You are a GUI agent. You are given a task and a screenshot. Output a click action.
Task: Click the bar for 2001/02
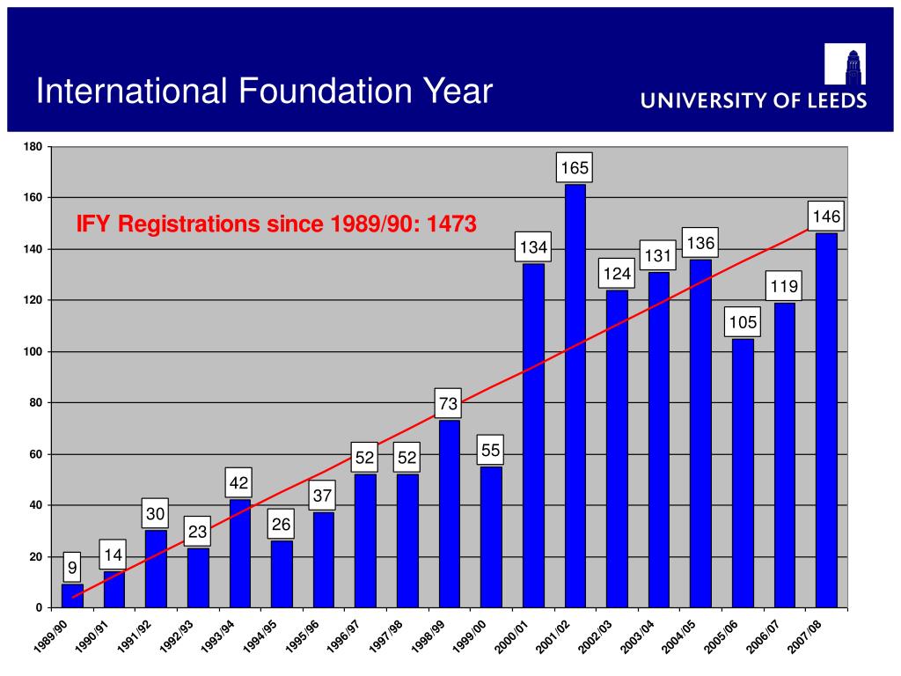pyautogui.click(x=575, y=396)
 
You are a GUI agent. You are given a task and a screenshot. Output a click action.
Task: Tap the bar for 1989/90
pyautogui.click(x=72, y=596)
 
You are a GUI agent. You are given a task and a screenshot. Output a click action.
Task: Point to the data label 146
pyautogui.click(x=826, y=217)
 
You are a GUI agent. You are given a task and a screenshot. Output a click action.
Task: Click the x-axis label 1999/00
pyautogui.click(x=469, y=636)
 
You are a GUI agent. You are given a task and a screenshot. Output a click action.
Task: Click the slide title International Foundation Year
pyautogui.click(x=264, y=91)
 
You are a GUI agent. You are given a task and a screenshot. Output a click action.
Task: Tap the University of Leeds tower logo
pyautogui.click(x=845, y=64)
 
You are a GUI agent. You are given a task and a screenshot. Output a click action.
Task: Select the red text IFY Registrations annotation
pyautogui.click(x=276, y=224)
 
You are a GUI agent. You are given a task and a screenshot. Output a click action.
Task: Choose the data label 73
pyautogui.click(x=448, y=404)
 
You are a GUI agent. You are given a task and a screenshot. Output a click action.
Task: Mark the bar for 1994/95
pyautogui.click(x=282, y=574)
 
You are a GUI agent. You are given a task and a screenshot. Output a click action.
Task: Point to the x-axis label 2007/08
pyautogui.click(x=804, y=636)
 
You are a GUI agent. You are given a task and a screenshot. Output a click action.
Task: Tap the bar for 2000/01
pyautogui.click(x=533, y=436)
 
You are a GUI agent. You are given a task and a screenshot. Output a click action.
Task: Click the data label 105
pyautogui.click(x=743, y=323)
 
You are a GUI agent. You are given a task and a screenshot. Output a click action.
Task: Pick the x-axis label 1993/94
pyautogui.click(x=216, y=636)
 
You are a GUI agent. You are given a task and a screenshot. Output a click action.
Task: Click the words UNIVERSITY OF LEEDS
pyautogui.click(x=753, y=101)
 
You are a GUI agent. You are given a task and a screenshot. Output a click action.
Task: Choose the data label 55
pyautogui.click(x=490, y=451)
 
